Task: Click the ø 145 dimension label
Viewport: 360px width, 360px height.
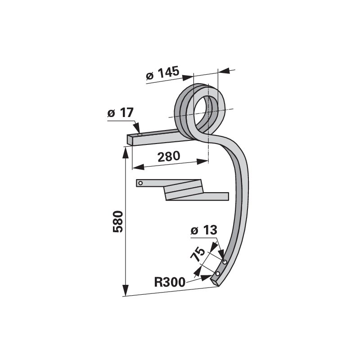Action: coord(162,72)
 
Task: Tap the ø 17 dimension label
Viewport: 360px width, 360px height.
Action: coord(121,113)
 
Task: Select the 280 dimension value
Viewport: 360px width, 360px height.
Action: coord(169,156)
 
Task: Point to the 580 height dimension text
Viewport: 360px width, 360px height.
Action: coord(118,221)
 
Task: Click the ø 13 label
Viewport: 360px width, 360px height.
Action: coord(204,230)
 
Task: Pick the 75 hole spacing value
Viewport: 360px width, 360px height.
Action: coord(198,254)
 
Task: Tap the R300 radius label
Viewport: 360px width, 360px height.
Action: coord(170,282)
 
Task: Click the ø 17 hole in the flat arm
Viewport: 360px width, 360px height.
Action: coord(139,135)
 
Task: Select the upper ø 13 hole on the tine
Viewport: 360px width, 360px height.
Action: coord(225,262)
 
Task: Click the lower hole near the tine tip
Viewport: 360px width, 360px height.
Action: coord(218,274)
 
